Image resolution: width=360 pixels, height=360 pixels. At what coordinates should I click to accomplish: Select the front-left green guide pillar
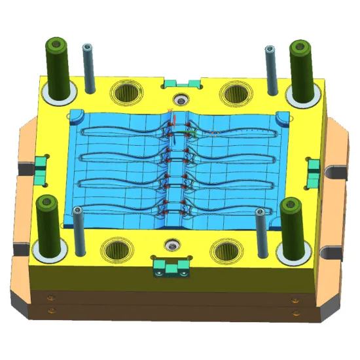tap(48, 223)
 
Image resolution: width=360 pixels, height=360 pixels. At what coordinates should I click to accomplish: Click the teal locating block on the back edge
tap(180, 83)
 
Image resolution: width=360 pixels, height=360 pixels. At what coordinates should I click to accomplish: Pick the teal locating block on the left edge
tap(41, 169)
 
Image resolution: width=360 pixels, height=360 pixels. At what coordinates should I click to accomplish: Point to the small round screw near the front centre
tap(171, 243)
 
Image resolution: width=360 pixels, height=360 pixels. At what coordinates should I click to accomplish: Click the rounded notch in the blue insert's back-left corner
tap(77, 116)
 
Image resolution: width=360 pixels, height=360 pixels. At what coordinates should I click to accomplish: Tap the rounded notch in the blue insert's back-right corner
tap(282, 117)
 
